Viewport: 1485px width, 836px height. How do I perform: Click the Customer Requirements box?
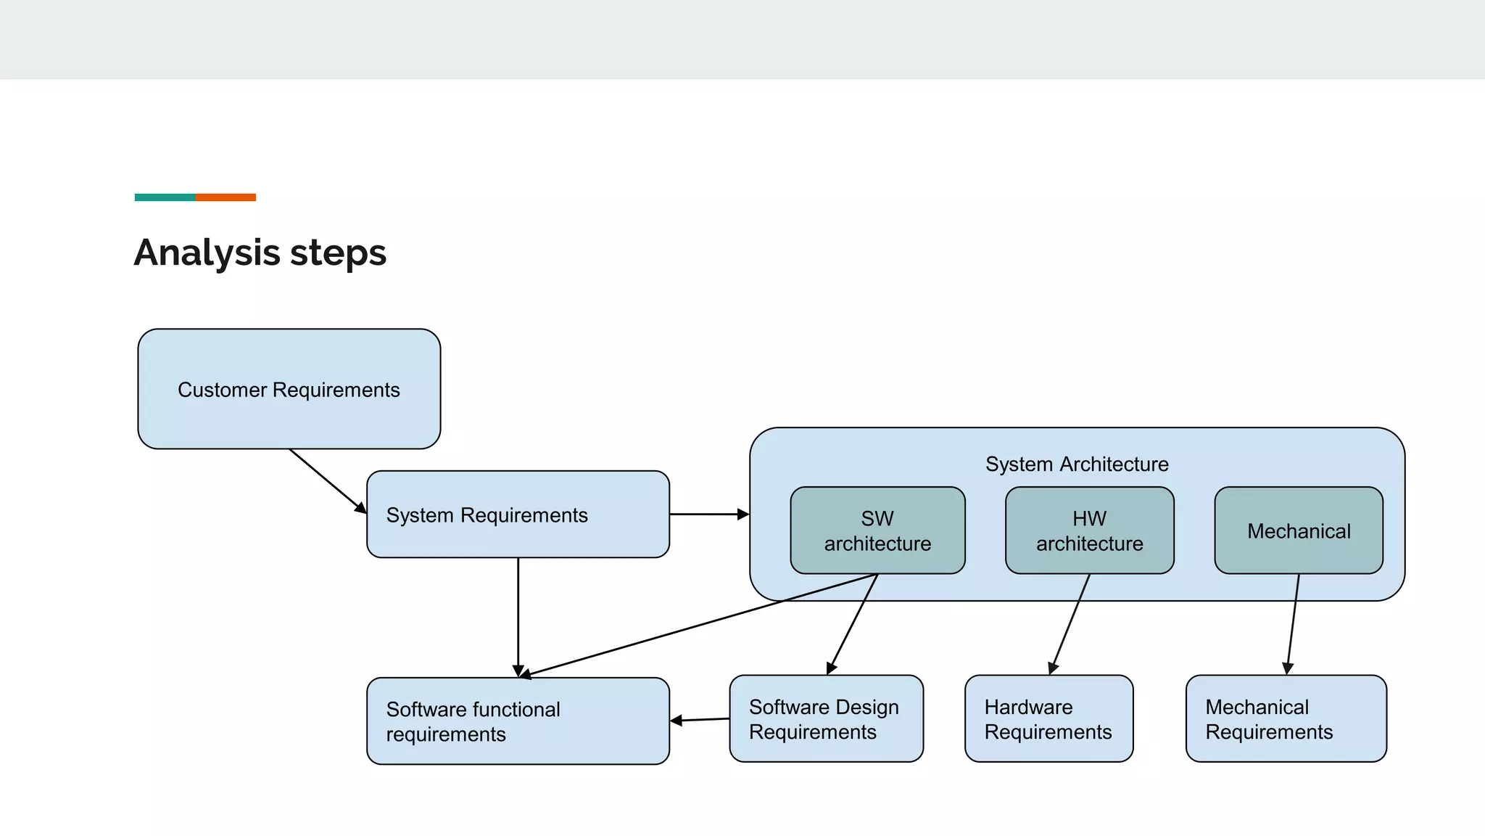(289, 389)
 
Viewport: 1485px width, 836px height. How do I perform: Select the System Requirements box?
(518, 515)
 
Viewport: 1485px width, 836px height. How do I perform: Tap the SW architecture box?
(877, 530)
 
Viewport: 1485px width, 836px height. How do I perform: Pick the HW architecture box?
(1089, 530)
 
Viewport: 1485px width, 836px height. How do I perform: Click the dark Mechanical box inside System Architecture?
(1299, 530)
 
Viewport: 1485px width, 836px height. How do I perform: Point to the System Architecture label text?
(1077, 464)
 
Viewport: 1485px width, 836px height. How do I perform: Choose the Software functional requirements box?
(518, 721)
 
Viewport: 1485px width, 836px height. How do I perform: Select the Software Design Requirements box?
(826, 718)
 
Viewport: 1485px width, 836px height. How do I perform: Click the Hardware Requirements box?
(1048, 718)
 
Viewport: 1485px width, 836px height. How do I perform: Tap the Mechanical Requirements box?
(1286, 718)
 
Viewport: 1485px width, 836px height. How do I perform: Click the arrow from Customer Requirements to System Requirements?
(327, 480)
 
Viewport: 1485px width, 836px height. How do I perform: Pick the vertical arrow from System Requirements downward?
(518, 617)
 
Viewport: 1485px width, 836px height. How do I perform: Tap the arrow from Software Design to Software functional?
(700, 720)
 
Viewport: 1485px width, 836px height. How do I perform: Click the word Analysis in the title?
(207, 253)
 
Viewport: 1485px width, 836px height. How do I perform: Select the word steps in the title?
(338, 253)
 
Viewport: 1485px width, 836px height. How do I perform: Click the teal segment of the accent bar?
(165, 197)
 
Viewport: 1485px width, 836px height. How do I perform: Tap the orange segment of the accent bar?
(226, 197)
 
